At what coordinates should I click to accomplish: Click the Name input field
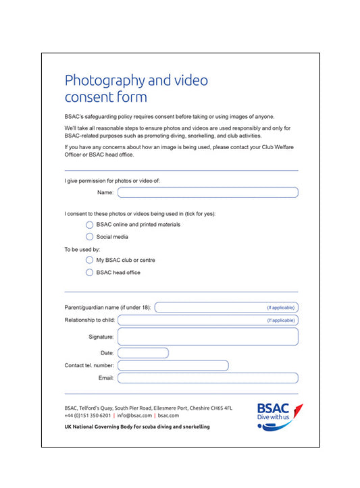coord(207,192)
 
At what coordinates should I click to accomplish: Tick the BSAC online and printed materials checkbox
coord(90,225)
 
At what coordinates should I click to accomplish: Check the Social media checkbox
coord(90,237)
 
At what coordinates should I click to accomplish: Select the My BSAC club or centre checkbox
coord(90,260)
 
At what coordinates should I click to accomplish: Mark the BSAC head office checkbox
coord(90,273)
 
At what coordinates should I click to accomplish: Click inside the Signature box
coord(207,336)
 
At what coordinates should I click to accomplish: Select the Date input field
coord(143,353)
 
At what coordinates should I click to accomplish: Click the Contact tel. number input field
coord(173,365)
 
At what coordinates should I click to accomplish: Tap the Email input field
coord(207,378)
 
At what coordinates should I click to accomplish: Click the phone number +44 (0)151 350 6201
coord(88,416)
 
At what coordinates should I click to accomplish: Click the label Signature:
coord(101,336)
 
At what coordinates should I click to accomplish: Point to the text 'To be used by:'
coord(82,249)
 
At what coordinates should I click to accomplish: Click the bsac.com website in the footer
coord(169,416)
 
